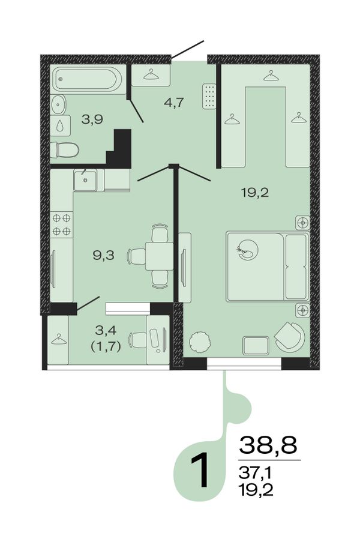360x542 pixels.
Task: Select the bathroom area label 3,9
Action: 92,120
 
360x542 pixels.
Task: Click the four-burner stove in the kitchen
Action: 61,224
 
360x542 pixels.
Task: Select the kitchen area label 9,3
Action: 103,256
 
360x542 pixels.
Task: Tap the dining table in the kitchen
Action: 159,256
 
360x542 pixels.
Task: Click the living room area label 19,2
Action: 255,193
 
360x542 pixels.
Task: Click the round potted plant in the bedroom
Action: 199,342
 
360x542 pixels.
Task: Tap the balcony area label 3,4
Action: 106,331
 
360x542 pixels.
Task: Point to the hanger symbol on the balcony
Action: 59,340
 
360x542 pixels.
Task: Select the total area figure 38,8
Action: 268,445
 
